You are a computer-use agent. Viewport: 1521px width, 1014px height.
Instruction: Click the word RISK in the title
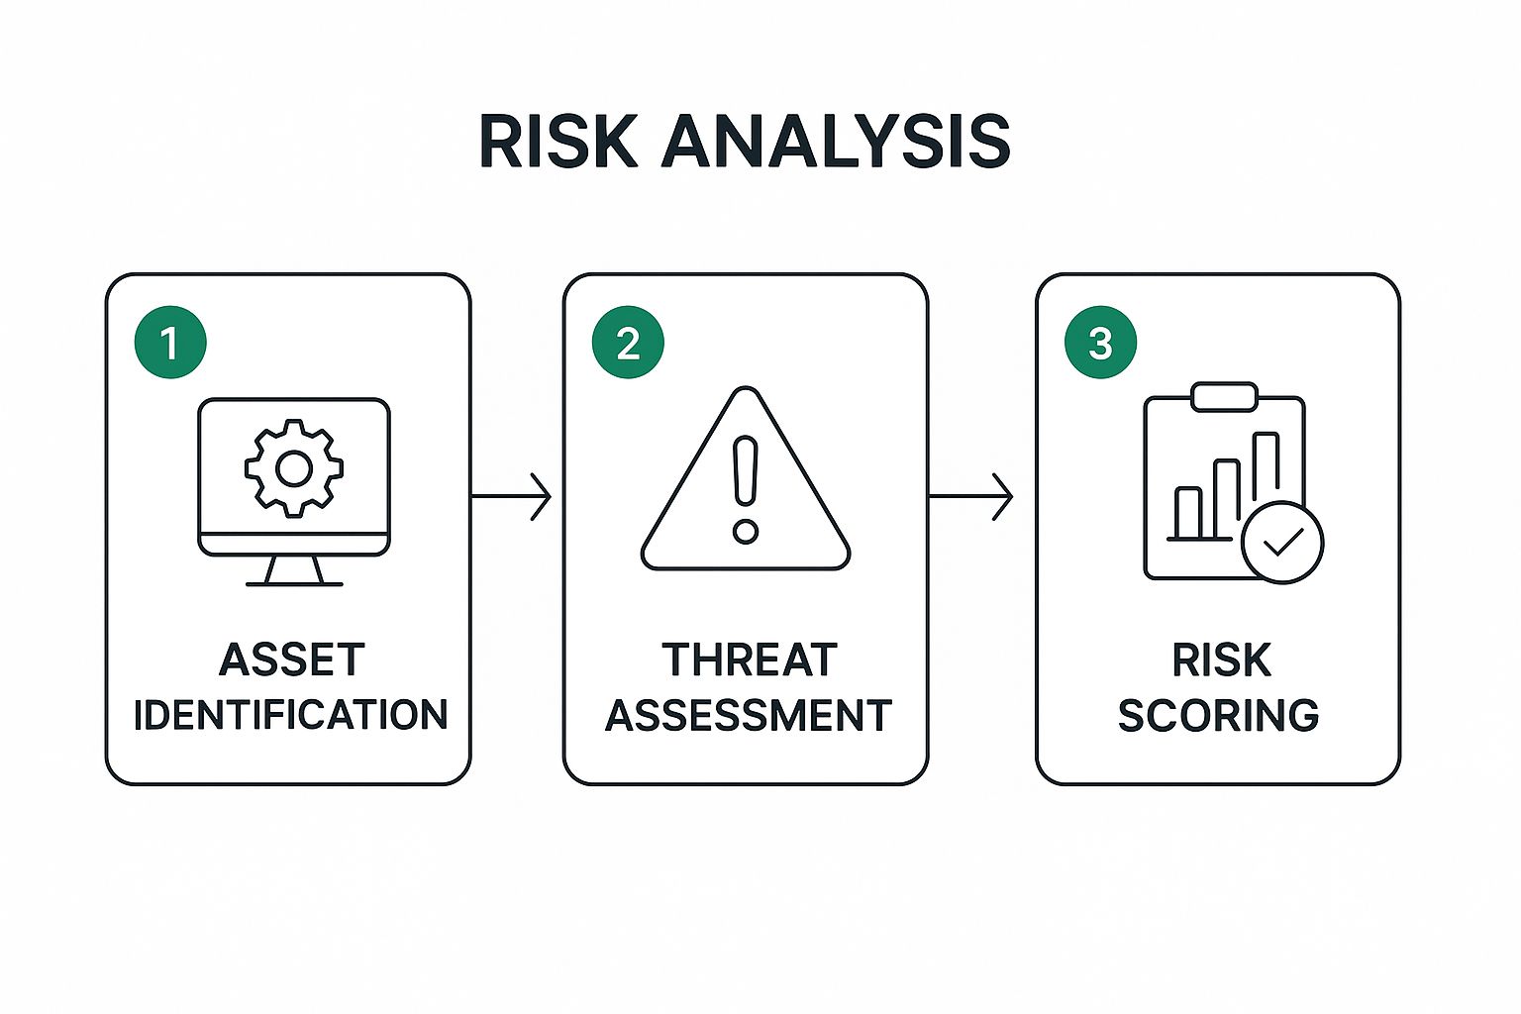pyautogui.click(x=558, y=142)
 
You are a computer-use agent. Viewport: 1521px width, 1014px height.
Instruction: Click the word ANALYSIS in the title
pyautogui.click(x=836, y=142)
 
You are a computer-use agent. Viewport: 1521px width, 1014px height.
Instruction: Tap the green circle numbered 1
pyautogui.click(x=170, y=343)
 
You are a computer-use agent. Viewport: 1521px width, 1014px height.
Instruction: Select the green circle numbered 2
pyautogui.click(x=628, y=343)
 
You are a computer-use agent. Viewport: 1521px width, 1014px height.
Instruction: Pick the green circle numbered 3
pyautogui.click(x=1101, y=343)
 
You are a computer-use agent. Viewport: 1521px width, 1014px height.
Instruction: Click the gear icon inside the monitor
pyautogui.click(x=294, y=468)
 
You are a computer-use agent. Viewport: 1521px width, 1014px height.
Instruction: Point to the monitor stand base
pyautogui.click(x=294, y=583)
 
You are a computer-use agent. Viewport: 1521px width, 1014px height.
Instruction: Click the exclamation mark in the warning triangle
pyautogui.click(x=746, y=471)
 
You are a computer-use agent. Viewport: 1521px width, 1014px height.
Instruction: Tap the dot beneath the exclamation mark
pyautogui.click(x=746, y=531)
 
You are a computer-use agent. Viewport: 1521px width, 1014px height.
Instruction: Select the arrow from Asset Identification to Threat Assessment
pyautogui.click(x=511, y=496)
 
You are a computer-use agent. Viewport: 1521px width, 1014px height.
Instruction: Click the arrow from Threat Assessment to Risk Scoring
pyautogui.click(x=971, y=496)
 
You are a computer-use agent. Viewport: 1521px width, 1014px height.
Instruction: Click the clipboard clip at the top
pyautogui.click(x=1224, y=397)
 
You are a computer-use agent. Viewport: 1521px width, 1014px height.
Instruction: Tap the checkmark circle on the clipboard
pyautogui.click(x=1282, y=542)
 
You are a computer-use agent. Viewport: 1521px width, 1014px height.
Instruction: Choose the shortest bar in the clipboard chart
pyautogui.click(x=1188, y=514)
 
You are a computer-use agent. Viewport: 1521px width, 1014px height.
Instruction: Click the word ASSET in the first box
pyautogui.click(x=292, y=659)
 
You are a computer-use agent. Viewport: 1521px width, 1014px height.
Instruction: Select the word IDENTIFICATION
pyautogui.click(x=290, y=715)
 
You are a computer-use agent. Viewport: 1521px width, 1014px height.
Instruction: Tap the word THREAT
pyautogui.click(x=749, y=659)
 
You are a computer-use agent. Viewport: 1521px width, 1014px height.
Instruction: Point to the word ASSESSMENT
pyautogui.click(x=749, y=715)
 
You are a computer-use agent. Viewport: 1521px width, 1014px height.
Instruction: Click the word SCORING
pyautogui.click(x=1218, y=715)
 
